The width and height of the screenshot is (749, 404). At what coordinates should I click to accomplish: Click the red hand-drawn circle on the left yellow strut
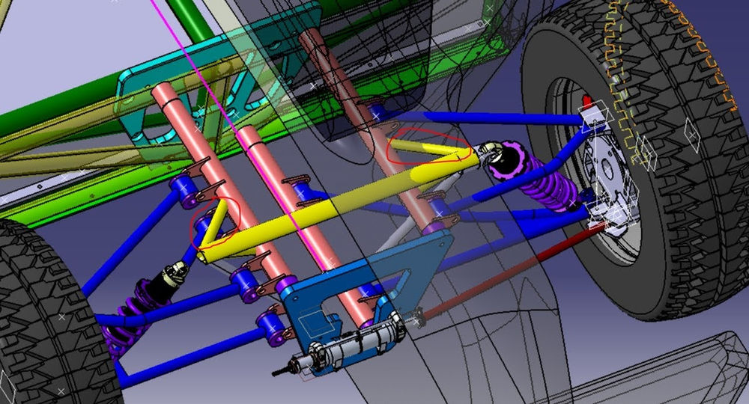pyautogui.click(x=216, y=222)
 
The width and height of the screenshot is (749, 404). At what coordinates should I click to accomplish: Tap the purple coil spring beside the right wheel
pyautogui.click(x=550, y=191)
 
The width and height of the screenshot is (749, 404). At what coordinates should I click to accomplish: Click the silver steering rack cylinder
pyautogui.click(x=352, y=345)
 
